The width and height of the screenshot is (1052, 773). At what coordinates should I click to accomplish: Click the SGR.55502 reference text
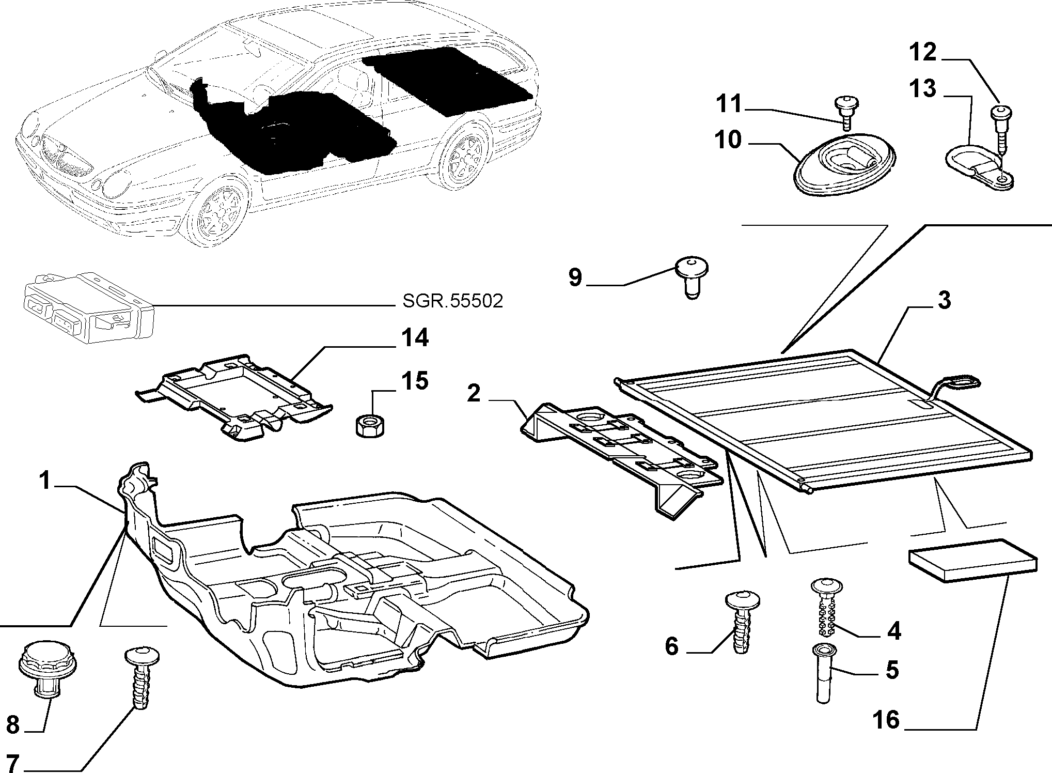click(x=452, y=301)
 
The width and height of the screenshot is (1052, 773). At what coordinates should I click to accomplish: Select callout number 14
click(x=415, y=338)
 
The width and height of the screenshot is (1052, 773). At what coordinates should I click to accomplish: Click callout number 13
click(x=923, y=89)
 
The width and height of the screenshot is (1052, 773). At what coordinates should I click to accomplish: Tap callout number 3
click(x=944, y=300)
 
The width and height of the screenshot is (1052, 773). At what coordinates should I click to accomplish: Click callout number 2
click(x=474, y=394)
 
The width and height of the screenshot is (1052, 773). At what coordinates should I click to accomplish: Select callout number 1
click(x=46, y=482)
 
